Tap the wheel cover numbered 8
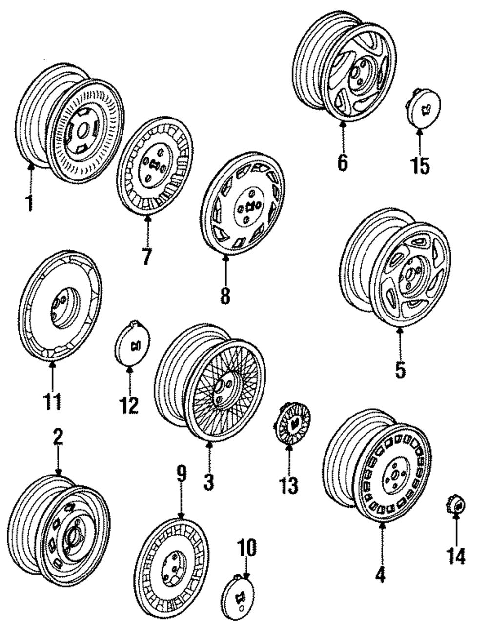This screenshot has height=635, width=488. click(x=243, y=207)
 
